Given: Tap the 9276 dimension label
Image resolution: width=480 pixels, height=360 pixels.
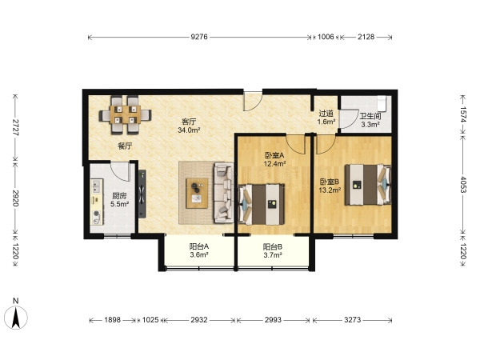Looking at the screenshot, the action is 199,37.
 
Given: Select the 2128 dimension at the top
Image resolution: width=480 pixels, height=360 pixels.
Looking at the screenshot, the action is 366,37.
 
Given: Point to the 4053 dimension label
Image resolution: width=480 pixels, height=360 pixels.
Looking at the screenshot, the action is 463,185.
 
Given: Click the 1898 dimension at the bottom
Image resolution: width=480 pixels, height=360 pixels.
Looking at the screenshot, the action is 113,320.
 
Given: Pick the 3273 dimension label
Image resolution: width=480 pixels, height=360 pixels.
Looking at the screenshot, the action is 353,320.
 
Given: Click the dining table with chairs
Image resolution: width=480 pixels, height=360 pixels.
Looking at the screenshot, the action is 125,115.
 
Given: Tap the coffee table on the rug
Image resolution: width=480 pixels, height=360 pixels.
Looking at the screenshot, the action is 197,193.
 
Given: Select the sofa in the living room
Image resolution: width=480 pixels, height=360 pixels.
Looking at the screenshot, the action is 224,193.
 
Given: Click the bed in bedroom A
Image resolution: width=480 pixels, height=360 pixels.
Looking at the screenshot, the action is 262,204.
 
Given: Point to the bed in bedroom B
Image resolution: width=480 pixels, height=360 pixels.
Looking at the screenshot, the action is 368,185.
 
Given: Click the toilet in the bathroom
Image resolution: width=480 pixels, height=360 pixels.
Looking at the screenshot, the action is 382,103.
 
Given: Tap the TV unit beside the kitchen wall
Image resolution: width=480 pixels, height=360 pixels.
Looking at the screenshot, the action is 142,194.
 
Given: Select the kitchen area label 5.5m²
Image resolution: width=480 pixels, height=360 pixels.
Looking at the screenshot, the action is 119,204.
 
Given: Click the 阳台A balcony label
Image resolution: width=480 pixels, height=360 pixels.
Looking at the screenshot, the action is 199,246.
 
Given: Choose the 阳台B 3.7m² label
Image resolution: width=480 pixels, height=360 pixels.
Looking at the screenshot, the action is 273,250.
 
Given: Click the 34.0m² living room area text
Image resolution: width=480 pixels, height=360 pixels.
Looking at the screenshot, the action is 189,130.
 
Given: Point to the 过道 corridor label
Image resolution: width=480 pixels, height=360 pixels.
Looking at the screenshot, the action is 326,114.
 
